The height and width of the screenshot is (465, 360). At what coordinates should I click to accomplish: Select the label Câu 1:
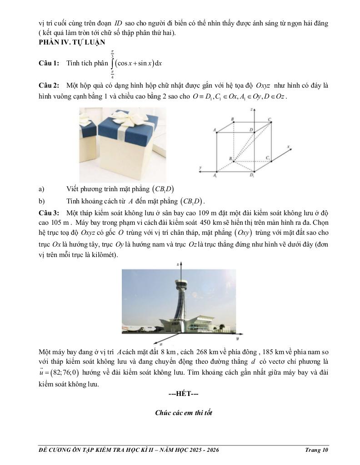pyautogui.click(x=49, y=63)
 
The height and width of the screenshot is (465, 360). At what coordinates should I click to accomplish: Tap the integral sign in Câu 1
pyautogui.click(x=112, y=64)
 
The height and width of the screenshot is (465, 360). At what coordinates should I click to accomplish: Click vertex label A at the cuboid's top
pyautogui.click(x=214, y=130)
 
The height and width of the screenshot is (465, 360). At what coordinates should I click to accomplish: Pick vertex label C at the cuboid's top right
pyautogui.click(x=270, y=119)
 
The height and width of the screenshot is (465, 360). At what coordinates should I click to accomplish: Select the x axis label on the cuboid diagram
pyautogui.click(x=289, y=147)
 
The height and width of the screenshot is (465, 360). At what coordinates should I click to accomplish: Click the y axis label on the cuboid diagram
pyautogui.click(x=200, y=168)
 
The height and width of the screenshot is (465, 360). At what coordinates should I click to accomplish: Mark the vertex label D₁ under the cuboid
pyautogui.click(x=252, y=175)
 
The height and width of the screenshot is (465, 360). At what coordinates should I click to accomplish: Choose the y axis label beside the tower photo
pyautogui.click(x=238, y=339)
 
